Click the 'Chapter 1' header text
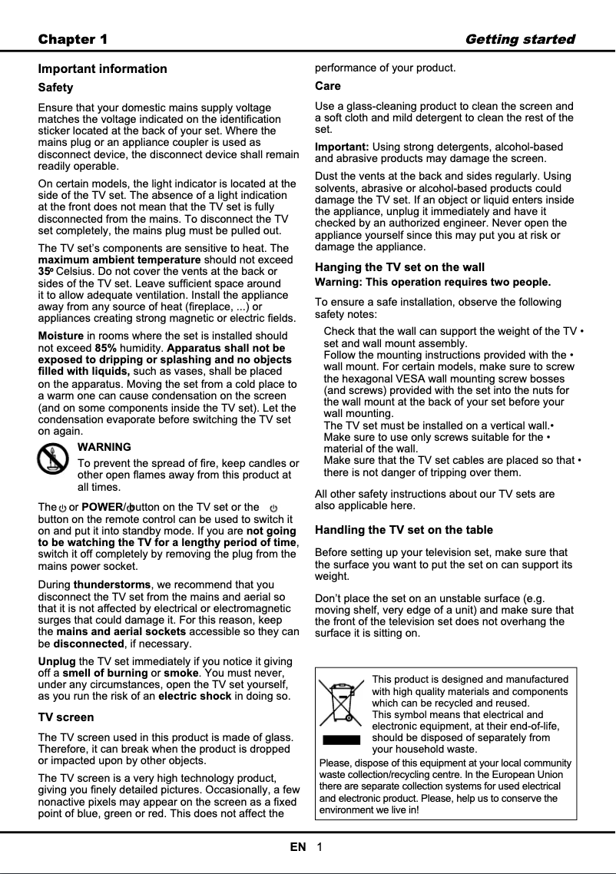[x=73, y=39]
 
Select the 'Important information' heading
[x=102, y=69]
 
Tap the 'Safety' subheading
[x=56, y=88]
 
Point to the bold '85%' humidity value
[x=105, y=348]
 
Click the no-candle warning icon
[x=52, y=461]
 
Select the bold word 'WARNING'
[x=104, y=447]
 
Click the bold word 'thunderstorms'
[x=112, y=585]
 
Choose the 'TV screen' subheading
[x=66, y=717]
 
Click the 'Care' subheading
[x=328, y=86]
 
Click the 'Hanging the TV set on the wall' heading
[x=399, y=267]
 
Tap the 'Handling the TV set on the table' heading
[x=404, y=530]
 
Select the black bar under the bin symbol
[x=341, y=740]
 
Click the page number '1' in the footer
[x=319, y=847]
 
